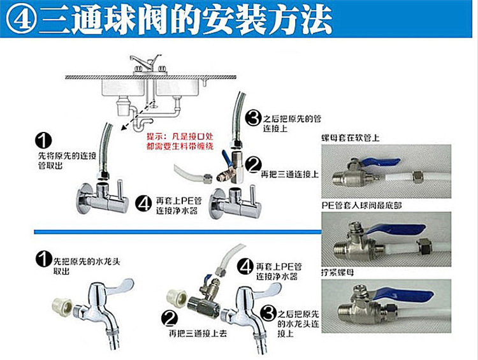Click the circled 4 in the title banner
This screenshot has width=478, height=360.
(x=21, y=18)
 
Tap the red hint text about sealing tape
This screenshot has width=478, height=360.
(x=180, y=141)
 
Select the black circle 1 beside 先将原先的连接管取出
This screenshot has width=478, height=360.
(x=43, y=141)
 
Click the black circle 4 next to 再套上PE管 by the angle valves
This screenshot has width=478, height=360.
(x=143, y=204)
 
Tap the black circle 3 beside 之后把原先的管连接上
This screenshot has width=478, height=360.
(x=254, y=118)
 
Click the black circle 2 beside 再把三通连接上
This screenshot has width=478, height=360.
(x=254, y=165)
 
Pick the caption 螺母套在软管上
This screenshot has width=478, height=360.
(x=351, y=138)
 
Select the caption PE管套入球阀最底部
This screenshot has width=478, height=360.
(x=361, y=206)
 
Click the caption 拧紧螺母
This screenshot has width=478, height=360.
(x=337, y=272)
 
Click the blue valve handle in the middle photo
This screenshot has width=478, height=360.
(x=396, y=229)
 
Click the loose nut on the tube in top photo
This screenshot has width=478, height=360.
(x=416, y=176)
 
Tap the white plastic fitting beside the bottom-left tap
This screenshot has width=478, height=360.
(x=62, y=308)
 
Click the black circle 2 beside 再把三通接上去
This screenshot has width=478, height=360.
(x=170, y=318)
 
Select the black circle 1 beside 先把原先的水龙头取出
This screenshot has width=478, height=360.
(x=43, y=259)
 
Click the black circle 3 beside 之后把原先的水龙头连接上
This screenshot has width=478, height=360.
(x=268, y=313)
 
